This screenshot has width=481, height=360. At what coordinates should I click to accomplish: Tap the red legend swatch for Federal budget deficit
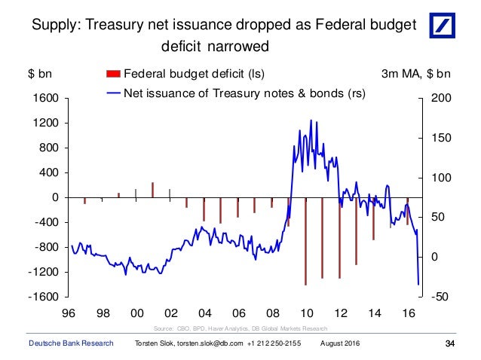[x=112, y=74]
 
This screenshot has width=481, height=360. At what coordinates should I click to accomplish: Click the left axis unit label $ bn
[x=40, y=75]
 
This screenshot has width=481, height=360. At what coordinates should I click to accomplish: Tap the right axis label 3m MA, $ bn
[x=417, y=75]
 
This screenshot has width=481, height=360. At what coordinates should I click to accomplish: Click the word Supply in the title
[x=57, y=25]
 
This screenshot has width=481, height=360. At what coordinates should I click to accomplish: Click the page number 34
[x=451, y=344]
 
